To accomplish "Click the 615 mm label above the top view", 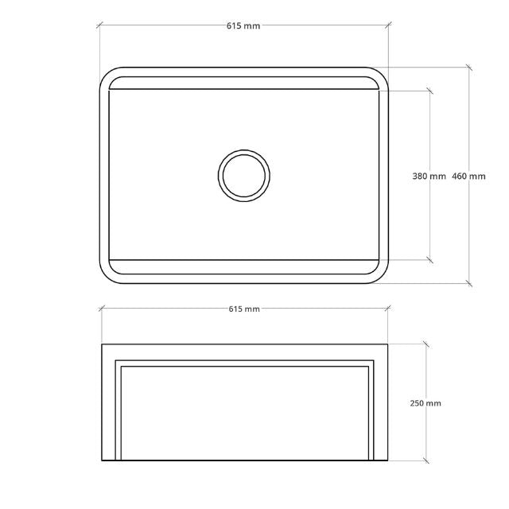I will click(243, 26).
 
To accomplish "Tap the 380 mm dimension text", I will click(429, 176).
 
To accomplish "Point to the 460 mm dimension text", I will click(468, 176).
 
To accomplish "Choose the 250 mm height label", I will click(425, 403).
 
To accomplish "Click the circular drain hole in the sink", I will click(244, 175).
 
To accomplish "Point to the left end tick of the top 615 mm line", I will click(100, 26).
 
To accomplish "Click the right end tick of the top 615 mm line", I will click(388, 26).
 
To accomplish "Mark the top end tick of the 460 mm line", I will click(469, 68).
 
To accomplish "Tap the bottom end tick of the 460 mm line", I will click(469, 283).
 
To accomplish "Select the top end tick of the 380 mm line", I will click(430, 91).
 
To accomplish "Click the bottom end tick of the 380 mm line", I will click(430, 259).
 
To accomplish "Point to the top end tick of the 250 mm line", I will click(426, 344).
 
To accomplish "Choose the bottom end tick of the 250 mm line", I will click(426, 460).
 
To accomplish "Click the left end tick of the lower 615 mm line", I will click(101, 309).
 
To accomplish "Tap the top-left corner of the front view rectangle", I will click(103, 345).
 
